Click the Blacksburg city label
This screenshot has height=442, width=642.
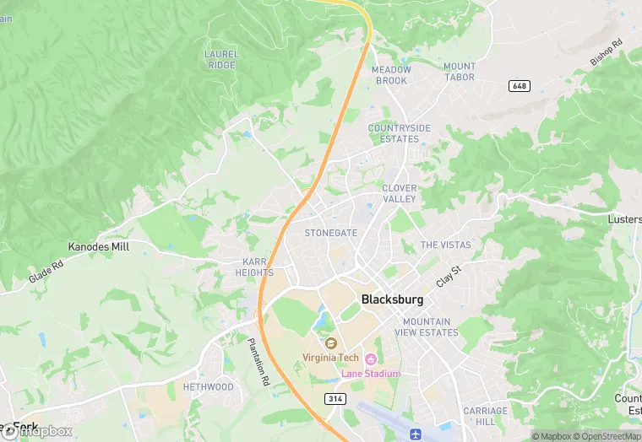click(392, 299)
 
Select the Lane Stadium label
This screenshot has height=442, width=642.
click(370, 373)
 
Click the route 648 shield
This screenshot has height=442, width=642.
click(519, 86)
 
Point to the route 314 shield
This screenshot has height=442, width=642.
click(333, 397)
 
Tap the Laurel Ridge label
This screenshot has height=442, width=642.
click(221, 59)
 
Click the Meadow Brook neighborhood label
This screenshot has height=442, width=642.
click(391, 75)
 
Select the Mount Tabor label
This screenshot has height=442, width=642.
click(460, 72)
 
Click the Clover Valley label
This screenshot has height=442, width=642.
click(399, 193)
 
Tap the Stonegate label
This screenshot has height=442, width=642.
click(331, 233)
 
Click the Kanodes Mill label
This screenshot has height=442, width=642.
click(99, 247)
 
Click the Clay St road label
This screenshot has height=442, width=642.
click(449, 274)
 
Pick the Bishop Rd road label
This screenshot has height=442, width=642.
click(606, 51)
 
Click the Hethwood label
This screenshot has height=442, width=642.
click(209, 387)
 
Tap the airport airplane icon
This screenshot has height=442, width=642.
click(416, 434)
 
